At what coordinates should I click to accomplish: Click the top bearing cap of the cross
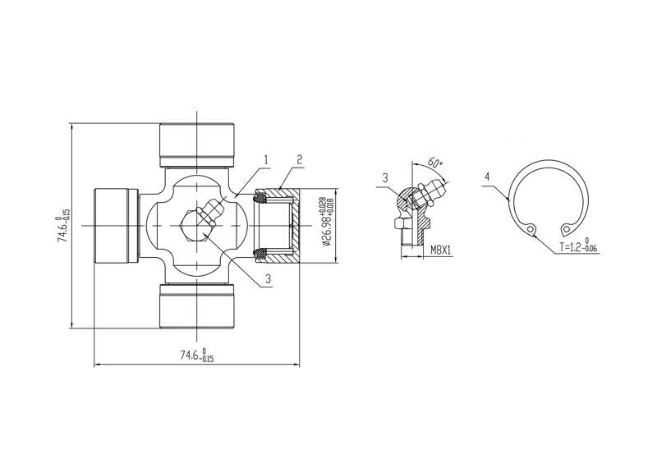pos(196,145)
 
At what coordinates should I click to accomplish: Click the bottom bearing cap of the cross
pos(196,306)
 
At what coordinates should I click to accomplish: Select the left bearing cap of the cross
pos(116,226)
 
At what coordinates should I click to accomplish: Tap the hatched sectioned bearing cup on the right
pos(277,226)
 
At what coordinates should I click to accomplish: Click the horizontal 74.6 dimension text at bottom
pos(197,355)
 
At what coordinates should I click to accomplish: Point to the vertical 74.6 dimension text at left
pos(63,226)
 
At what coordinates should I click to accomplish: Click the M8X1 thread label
pos(440,250)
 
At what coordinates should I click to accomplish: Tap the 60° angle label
pos(435,163)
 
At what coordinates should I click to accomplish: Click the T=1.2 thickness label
pos(579,246)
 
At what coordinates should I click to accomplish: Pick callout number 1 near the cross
pos(265,159)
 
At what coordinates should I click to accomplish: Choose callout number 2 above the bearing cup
pos(299,159)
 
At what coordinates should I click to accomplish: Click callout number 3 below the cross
pos(268,278)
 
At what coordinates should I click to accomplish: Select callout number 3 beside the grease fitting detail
pos(385,178)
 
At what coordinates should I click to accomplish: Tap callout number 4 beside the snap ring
pos(487,177)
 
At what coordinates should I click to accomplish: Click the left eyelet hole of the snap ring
pos(531,229)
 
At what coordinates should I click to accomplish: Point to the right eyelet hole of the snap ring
pos(567,229)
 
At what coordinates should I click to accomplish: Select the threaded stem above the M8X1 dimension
pos(411,236)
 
